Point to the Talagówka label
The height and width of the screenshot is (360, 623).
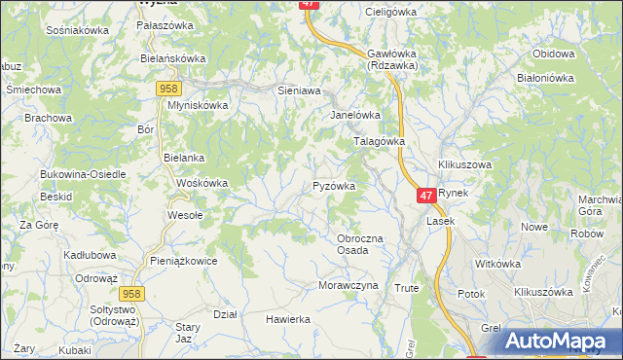tap(378, 141)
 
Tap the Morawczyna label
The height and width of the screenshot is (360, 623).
tap(347, 286)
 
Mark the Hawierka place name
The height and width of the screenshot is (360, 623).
tap(288, 319)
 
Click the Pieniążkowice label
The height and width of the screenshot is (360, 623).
tap(183, 261)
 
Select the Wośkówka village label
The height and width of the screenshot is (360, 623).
tap(202, 183)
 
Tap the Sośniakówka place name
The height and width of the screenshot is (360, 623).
tap(77, 30)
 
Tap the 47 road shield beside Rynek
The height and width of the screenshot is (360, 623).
tap(425, 196)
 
